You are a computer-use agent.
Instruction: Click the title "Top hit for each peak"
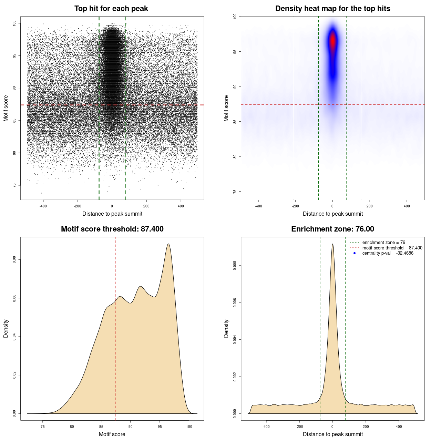111,9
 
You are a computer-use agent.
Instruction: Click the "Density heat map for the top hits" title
332,9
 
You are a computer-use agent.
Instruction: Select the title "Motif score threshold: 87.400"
112,229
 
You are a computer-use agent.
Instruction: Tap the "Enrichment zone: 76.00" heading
332,229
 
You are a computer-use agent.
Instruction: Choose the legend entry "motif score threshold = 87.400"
392,248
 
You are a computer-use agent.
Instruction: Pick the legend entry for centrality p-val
388,253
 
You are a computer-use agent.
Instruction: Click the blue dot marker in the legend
355,253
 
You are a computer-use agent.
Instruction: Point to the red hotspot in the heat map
332,41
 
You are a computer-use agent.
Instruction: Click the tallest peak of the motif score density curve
168,244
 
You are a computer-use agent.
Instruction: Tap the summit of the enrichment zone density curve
332,244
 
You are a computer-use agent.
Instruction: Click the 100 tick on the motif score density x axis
189,427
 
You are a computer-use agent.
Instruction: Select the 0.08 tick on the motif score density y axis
14,259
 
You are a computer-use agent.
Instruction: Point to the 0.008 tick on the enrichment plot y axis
235,266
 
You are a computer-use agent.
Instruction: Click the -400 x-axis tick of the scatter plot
43,206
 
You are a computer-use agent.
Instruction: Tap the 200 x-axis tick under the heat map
370,206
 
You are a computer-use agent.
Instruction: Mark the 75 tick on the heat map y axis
235,191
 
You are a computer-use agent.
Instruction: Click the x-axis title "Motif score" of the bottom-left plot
112,434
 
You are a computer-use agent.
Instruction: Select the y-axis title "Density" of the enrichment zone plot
226,328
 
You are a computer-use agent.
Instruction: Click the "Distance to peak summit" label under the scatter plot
112,214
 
